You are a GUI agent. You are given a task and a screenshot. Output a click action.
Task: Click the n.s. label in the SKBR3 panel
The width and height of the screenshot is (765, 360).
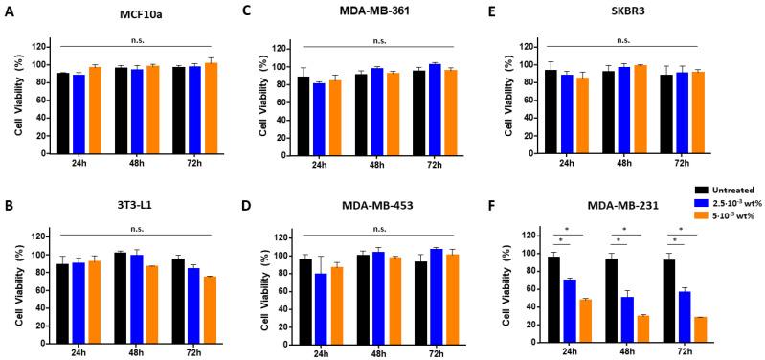click(624, 40)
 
